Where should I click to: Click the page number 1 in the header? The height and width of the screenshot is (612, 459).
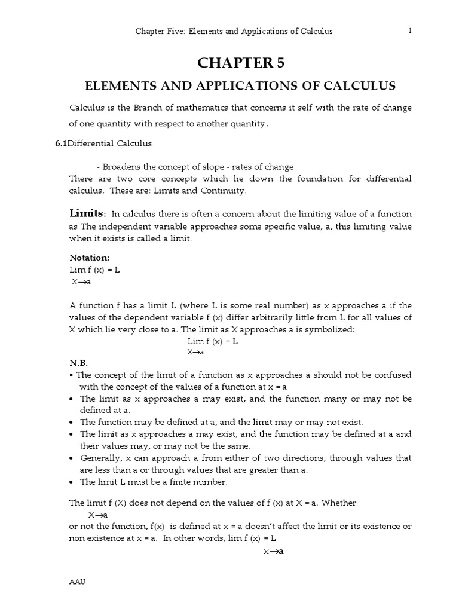point(410,31)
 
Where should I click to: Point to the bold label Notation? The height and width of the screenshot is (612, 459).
point(89,258)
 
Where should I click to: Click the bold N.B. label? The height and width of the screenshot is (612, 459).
point(78,363)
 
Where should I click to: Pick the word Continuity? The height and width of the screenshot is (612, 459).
point(225,191)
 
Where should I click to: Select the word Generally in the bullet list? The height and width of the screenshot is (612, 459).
point(100,458)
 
